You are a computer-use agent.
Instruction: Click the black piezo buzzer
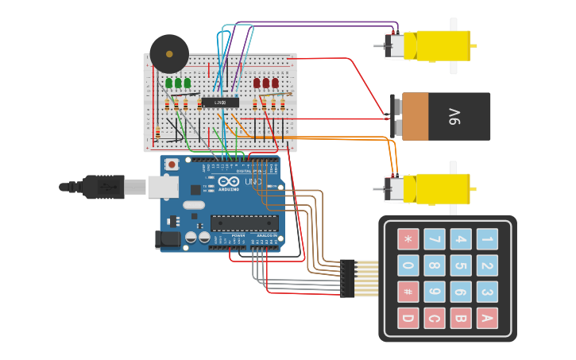[x=169, y=54]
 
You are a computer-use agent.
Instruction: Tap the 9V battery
[x=445, y=116]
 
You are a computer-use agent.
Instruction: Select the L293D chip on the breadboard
[x=220, y=102]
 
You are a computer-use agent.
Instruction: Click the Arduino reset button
[x=172, y=165]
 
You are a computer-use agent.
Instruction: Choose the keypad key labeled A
[x=487, y=318]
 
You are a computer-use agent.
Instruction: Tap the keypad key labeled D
[x=408, y=318]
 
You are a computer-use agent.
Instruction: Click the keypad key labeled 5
[x=461, y=265]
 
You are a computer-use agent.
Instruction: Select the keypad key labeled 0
[x=408, y=265]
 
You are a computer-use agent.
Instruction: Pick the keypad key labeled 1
[x=487, y=239]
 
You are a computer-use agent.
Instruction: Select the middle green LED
[x=178, y=83]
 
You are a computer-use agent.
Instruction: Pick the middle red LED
[x=266, y=83]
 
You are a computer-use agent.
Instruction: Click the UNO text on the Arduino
[x=253, y=183]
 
